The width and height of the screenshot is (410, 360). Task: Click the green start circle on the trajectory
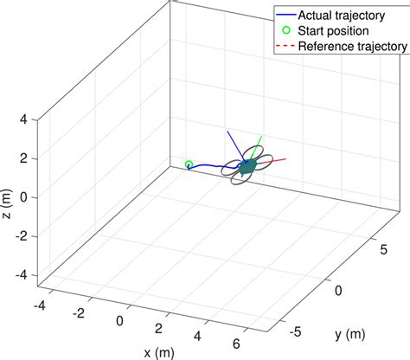click(189, 164)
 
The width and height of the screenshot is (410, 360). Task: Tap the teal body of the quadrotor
click(247, 168)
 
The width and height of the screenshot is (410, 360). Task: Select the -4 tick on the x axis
click(41, 305)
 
